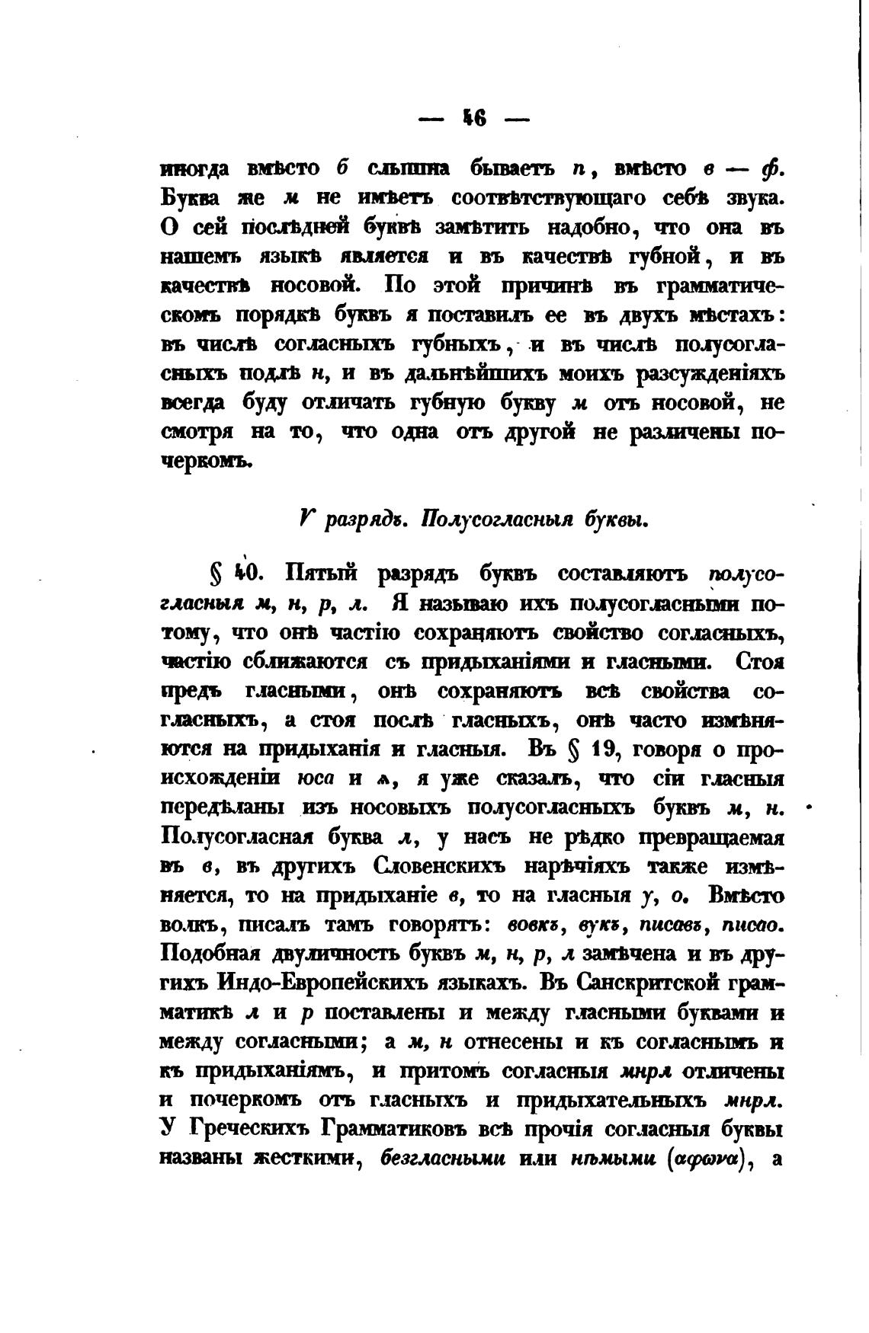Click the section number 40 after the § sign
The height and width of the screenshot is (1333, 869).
tap(245, 574)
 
